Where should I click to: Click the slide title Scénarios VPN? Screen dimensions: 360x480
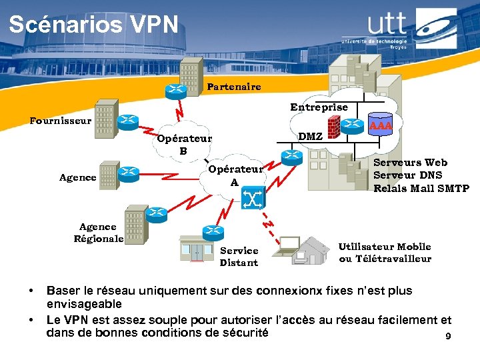tap(93, 25)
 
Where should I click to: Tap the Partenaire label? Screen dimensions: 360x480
tap(234, 87)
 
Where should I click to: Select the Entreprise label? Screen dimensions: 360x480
tap(319, 107)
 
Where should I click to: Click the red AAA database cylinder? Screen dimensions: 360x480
tap(381, 125)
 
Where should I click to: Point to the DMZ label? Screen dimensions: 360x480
tap(310, 136)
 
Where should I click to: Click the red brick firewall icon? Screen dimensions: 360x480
tap(349, 125)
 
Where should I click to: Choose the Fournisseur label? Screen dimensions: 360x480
tap(60, 121)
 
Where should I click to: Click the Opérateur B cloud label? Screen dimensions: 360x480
tap(183, 144)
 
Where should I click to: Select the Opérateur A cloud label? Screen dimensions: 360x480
tap(234, 175)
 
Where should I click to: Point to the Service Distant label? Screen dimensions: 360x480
tap(239, 257)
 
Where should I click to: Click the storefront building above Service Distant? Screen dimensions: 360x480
tap(197, 248)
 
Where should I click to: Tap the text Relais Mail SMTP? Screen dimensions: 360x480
tap(421, 188)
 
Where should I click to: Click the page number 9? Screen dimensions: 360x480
tap(448, 337)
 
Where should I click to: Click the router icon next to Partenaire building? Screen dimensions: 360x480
tap(176, 89)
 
